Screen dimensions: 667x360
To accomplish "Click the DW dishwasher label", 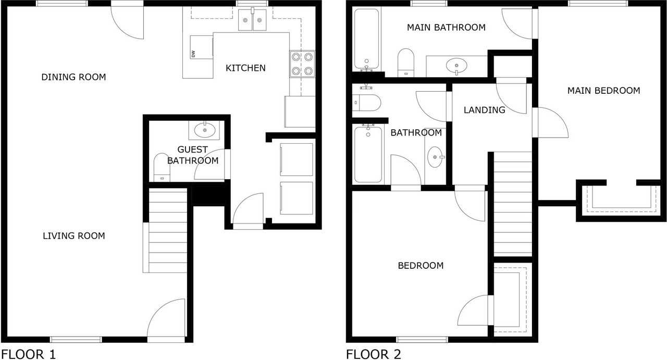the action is [193, 54].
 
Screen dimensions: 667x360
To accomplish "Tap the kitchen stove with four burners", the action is [302, 64].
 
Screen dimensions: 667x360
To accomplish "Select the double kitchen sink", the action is [252, 20].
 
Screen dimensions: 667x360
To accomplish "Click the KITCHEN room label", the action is [245, 68].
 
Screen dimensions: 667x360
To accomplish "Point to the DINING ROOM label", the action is [73, 77].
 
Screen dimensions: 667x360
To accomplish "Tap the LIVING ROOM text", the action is [74, 236].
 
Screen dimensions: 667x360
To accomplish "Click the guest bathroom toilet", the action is [162, 167].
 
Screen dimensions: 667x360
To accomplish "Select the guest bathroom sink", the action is [205, 130].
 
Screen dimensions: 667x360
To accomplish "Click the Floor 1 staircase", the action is [168, 230].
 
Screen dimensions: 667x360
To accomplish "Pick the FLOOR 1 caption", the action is [29, 354].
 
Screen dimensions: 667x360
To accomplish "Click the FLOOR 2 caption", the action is [374, 354].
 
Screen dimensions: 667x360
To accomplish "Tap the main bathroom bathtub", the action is [366, 39].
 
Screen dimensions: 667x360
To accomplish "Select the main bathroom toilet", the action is [406, 62].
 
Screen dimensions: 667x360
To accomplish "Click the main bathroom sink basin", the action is [456, 65].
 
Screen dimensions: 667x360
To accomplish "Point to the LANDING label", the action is [485, 110].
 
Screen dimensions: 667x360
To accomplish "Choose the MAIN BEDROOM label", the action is [603, 91].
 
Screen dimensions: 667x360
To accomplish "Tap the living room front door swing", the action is [166, 318].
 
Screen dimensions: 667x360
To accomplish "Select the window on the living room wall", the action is [76, 340].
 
